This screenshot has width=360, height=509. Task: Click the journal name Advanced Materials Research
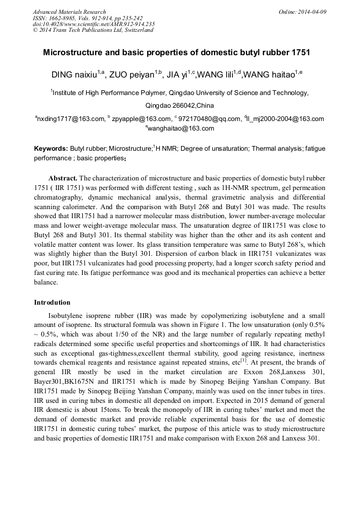pyautogui.click(x=70, y=12)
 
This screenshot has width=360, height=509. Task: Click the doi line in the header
pyautogui.click(x=93, y=24)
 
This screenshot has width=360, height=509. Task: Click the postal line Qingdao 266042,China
pyautogui.click(x=179, y=105)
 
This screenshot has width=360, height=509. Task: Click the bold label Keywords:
pyautogui.click(x=51, y=149)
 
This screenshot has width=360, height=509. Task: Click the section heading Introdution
pyautogui.click(x=52, y=303)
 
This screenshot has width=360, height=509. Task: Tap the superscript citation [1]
pyautogui.click(x=244, y=374)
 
